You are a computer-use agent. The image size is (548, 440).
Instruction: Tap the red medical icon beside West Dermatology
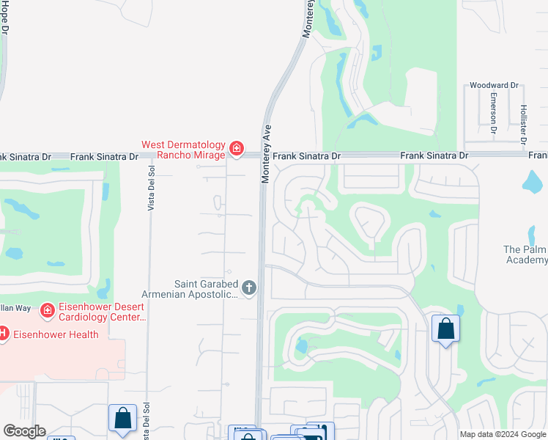click(236, 149)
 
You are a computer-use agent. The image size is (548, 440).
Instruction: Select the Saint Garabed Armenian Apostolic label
click(206, 289)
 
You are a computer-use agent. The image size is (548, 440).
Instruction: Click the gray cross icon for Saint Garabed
click(249, 288)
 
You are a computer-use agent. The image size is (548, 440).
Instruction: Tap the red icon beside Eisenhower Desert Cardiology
click(48, 310)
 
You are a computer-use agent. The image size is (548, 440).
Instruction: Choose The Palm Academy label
click(525, 254)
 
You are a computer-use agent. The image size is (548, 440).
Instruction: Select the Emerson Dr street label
click(495, 116)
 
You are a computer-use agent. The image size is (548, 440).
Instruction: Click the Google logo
click(24, 431)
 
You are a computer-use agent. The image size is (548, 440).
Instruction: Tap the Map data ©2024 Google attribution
click(503, 434)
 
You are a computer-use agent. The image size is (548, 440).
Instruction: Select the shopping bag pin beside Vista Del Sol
click(122, 419)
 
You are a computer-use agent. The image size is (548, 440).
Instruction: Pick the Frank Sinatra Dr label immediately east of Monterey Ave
click(306, 156)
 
